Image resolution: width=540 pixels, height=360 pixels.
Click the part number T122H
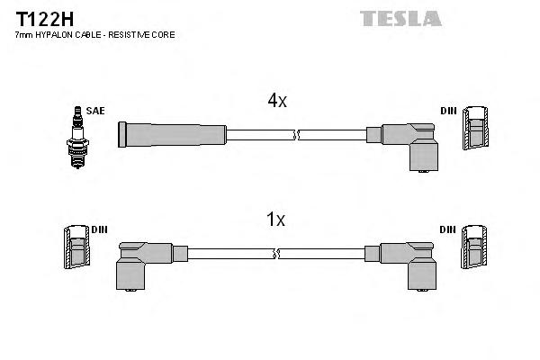41,17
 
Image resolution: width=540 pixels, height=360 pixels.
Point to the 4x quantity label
276,101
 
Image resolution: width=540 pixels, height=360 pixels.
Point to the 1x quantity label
276,219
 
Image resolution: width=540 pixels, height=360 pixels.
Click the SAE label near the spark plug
96,111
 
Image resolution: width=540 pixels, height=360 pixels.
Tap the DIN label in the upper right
447,111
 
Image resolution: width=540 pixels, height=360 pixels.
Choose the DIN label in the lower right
447,229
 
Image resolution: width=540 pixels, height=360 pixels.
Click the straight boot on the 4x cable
172,135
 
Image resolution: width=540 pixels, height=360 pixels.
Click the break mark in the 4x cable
296,135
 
